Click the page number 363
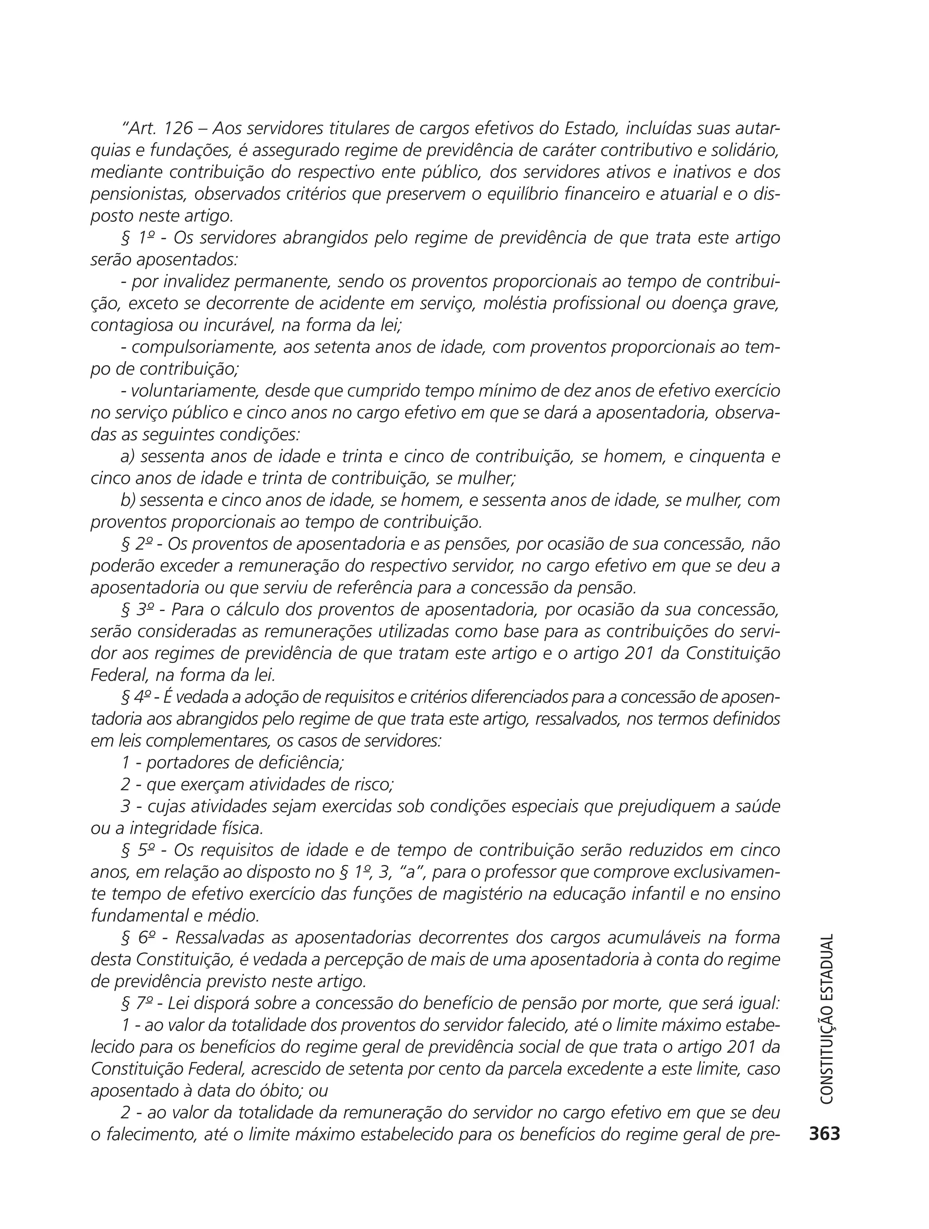click(825, 1134)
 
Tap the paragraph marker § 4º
click(138, 697)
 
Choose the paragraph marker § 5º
click(139, 850)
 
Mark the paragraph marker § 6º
click(139, 938)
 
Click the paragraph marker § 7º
click(139, 1004)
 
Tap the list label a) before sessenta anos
click(128, 457)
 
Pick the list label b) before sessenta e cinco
click(128, 500)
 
